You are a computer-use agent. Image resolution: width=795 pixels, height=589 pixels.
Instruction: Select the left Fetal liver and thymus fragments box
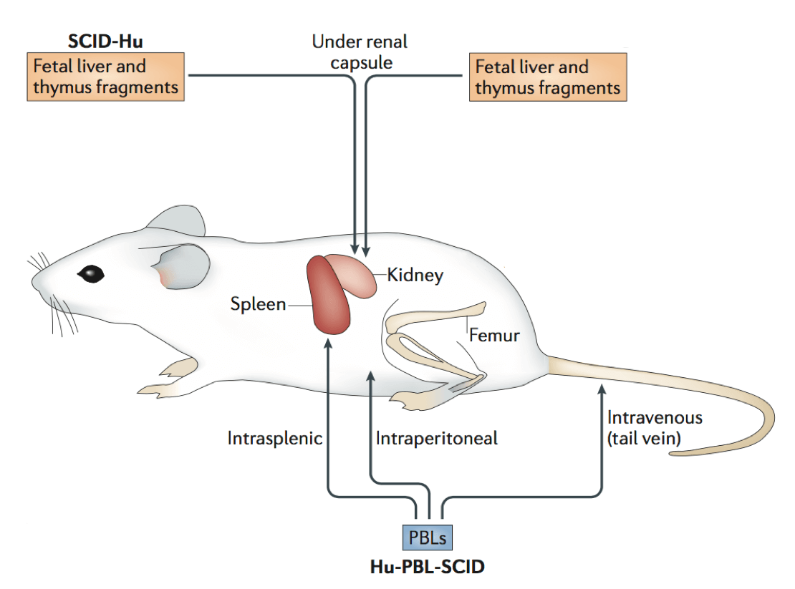[x=106, y=77]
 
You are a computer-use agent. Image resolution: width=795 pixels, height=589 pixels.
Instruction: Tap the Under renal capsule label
[x=359, y=51]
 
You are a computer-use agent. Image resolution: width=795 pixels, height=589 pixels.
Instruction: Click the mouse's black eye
[x=91, y=273]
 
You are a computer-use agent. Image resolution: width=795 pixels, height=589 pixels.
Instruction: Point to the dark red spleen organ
[x=329, y=297]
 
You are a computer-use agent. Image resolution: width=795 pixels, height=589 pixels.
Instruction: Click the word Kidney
[x=415, y=275]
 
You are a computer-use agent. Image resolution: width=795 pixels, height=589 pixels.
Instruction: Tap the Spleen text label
[x=258, y=305]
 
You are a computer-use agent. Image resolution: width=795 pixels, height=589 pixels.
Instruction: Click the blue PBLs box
[x=427, y=537]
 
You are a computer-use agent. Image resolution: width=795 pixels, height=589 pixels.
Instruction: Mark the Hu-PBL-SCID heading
[x=426, y=568]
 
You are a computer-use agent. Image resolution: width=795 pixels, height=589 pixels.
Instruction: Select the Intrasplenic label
[x=275, y=437]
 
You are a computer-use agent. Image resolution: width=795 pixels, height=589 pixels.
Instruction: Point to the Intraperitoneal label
[x=437, y=437]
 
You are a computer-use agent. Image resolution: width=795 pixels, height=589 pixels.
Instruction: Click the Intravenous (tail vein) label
[x=655, y=427]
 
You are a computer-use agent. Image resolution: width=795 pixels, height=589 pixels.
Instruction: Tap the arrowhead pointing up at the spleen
[x=328, y=344]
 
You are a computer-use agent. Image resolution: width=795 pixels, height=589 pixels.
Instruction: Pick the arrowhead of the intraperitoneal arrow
[x=370, y=376]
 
